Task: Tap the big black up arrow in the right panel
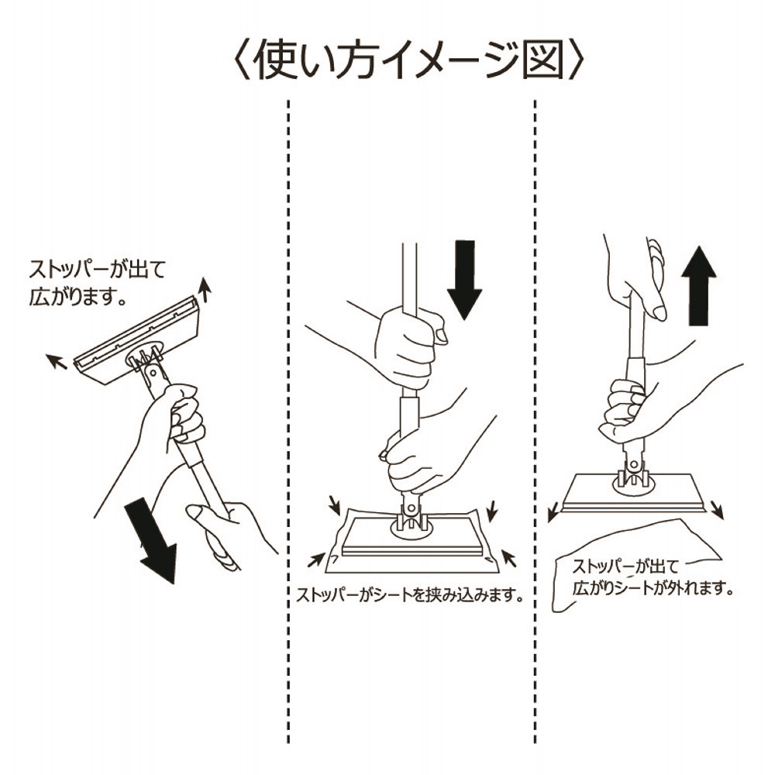(x=700, y=286)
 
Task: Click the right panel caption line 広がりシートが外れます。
(x=653, y=588)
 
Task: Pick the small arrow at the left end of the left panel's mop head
(x=55, y=359)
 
